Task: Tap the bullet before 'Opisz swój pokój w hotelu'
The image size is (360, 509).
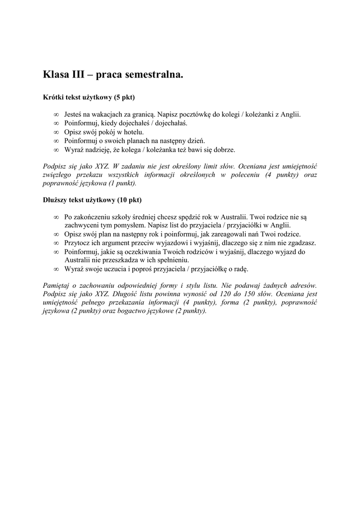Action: coord(56,132)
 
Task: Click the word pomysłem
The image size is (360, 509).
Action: coord(130,225)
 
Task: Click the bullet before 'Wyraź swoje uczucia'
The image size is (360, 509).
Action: coord(56,269)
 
